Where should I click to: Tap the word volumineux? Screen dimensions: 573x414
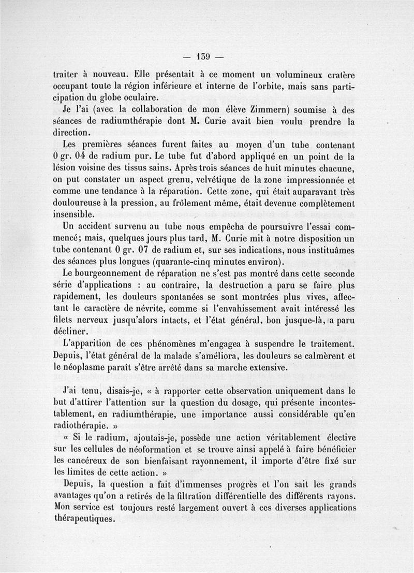coord(300,74)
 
